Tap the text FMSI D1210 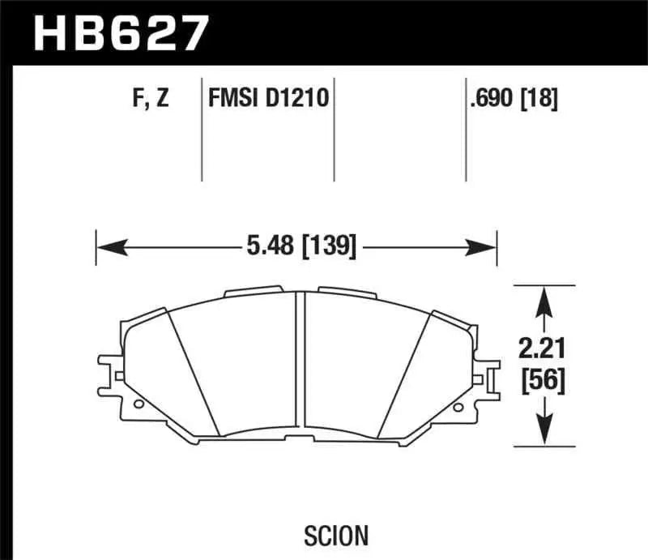[x=266, y=99]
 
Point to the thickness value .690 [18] [x=513, y=99]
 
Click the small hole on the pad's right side [x=459, y=408]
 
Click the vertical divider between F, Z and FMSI [x=201, y=130]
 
